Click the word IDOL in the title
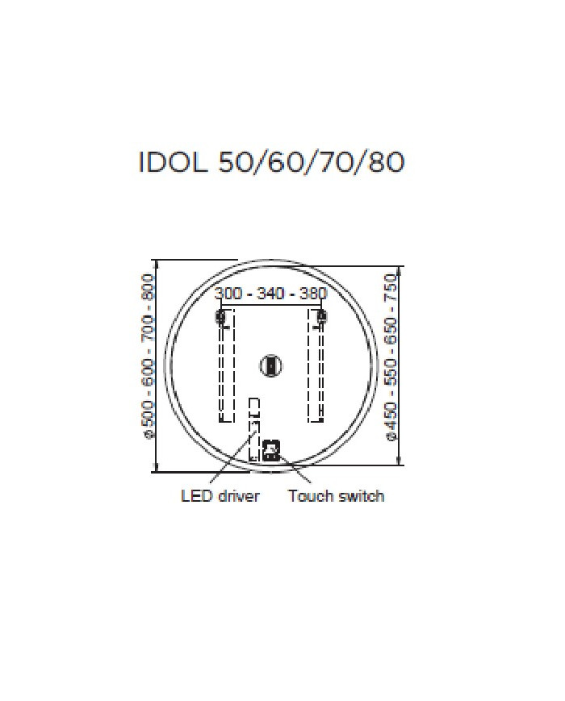(x=173, y=162)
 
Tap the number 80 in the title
(x=386, y=162)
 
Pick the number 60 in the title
(x=287, y=162)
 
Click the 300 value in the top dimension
(x=228, y=294)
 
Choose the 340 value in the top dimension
(x=270, y=294)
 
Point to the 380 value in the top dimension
(x=313, y=294)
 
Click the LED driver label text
(x=220, y=496)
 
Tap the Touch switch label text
(x=336, y=496)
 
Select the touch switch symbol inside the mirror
(x=271, y=450)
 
